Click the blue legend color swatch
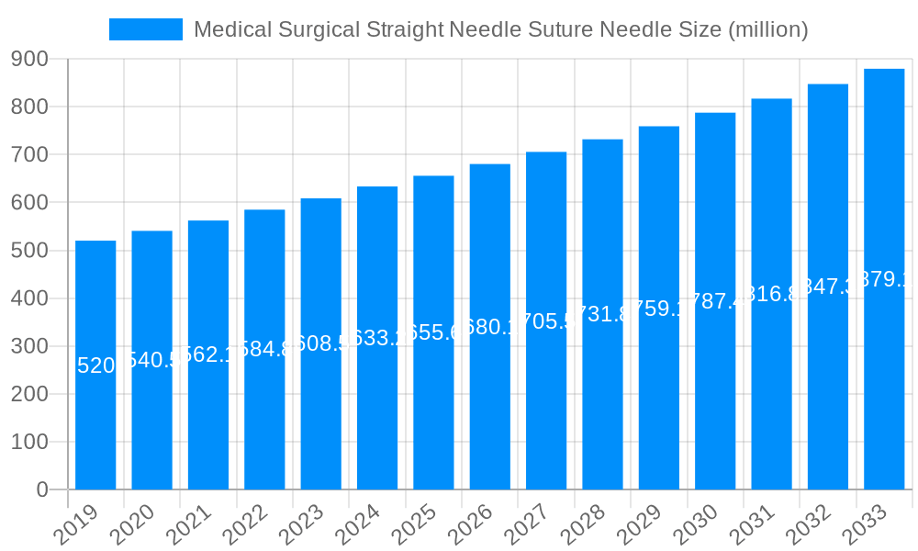click(145, 29)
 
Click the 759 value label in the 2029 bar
click(659, 309)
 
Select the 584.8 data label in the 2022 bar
click(264, 349)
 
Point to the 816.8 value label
click(771, 294)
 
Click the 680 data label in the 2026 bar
click(490, 327)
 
